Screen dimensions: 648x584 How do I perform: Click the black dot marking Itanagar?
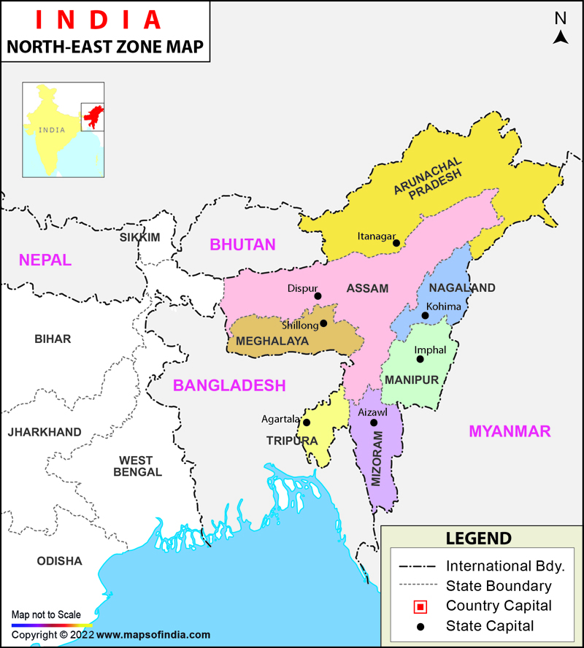tap(396, 242)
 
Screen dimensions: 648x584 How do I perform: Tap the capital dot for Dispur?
tap(318, 296)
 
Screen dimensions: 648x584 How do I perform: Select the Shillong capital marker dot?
tap(323, 323)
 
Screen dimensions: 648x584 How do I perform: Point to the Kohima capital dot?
tap(425, 315)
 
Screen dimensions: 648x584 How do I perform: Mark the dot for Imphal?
tap(419, 358)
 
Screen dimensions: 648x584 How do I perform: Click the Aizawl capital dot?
tap(374, 423)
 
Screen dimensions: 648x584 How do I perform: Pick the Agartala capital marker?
tap(307, 423)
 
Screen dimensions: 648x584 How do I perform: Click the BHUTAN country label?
tap(242, 245)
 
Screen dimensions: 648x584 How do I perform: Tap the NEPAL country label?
tap(45, 260)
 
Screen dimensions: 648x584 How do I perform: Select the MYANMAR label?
tap(510, 431)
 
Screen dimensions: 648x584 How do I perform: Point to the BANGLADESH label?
tap(228, 385)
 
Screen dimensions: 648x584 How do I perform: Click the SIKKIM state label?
tap(139, 238)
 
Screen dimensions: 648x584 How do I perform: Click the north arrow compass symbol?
tap(560, 37)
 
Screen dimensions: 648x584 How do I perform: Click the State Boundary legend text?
tap(499, 586)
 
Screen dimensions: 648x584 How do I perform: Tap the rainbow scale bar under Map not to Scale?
tap(51, 625)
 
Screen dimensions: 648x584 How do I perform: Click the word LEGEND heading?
tap(479, 539)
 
